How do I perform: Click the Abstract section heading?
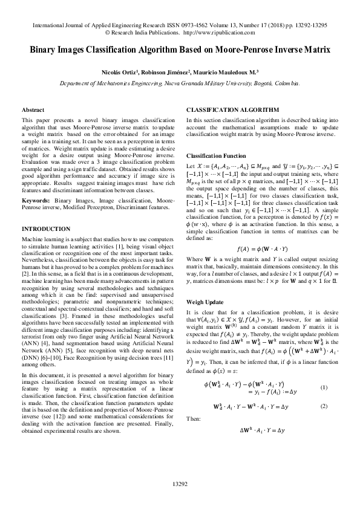click(x=33, y=110)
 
